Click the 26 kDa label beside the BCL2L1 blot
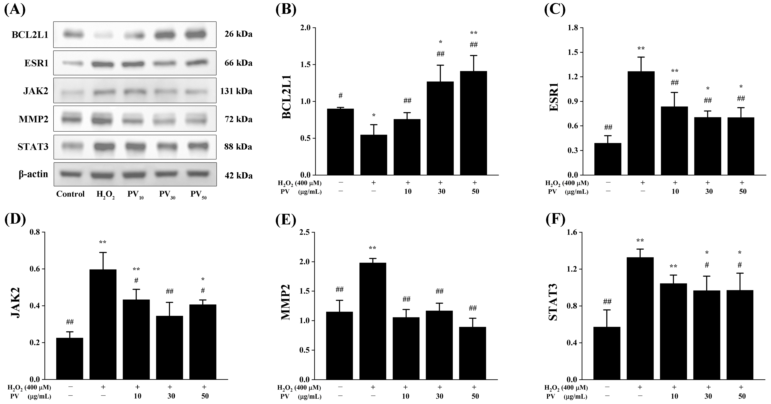click(x=238, y=34)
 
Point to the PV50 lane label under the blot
click(x=198, y=195)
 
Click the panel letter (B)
click(x=286, y=10)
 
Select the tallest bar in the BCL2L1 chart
click(x=473, y=123)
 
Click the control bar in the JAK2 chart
click(x=69, y=359)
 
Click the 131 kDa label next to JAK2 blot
click(x=236, y=91)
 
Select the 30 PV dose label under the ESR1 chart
click(x=709, y=191)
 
